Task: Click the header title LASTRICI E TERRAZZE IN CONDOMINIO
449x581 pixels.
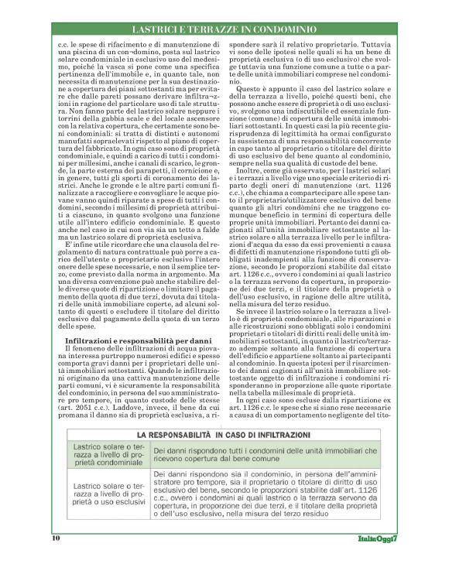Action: pos(224,29)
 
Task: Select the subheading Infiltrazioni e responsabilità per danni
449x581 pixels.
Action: pos(128,340)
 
